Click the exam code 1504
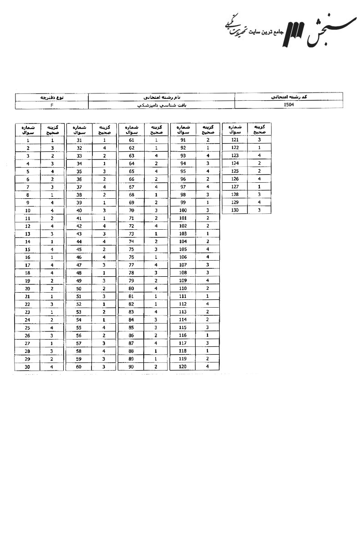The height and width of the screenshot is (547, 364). pyautogui.click(x=288, y=105)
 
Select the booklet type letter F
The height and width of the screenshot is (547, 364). pyautogui.click(x=52, y=105)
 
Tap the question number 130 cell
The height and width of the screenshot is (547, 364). pyautogui.click(x=235, y=210)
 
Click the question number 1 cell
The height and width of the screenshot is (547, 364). pyautogui.click(x=28, y=140)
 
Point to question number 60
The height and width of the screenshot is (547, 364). pyautogui.click(x=79, y=366)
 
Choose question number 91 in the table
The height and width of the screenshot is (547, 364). pyautogui.click(x=183, y=140)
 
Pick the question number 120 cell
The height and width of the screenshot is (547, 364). pyautogui.click(x=183, y=366)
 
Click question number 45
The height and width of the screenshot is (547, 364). pyautogui.click(x=79, y=249)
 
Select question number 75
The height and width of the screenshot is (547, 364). pyautogui.click(x=131, y=249)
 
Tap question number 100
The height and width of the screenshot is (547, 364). pyautogui.click(x=183, y=210)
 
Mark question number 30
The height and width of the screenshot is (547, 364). pyautogui.click(x=28, y=366)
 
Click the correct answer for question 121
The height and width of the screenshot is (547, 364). pyautogui.click(x=259, y=140)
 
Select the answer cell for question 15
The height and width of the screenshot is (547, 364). pyautogui.click(x=52, y=249)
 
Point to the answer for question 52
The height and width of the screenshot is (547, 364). pyautogui.click(x=104, y=304)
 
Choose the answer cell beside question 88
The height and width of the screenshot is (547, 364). pyautogui.click(x=156, y=351)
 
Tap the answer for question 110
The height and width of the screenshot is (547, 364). pyautogui.click(x=207, y=288)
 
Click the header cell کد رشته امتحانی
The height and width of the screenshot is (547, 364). pyautogui.click(x=288, y=97)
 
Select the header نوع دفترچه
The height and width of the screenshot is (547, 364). pyautogui.click(x=52, y=97)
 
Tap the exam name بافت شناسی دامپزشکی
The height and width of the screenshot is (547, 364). pyautogui.click(x=161, y=105)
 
